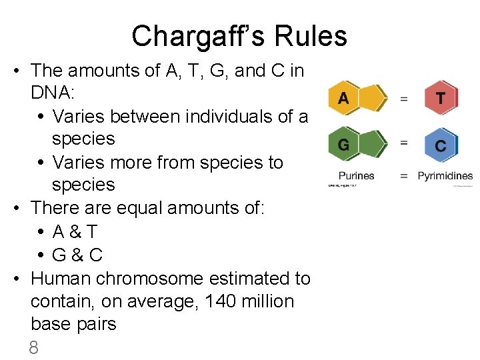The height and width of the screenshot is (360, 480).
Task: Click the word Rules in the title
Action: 315,36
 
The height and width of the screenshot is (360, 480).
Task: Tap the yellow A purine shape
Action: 357,99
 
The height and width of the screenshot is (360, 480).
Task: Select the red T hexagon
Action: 441,99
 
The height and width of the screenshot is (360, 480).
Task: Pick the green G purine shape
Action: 357,143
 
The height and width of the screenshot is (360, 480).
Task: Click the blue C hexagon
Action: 441,145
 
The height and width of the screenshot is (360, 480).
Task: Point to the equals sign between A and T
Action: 403,99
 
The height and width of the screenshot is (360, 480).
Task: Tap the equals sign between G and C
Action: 403,143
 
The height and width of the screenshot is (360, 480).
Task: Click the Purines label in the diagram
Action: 357,176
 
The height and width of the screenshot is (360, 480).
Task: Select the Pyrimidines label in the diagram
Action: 445,176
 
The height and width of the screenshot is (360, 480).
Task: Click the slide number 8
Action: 34,347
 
